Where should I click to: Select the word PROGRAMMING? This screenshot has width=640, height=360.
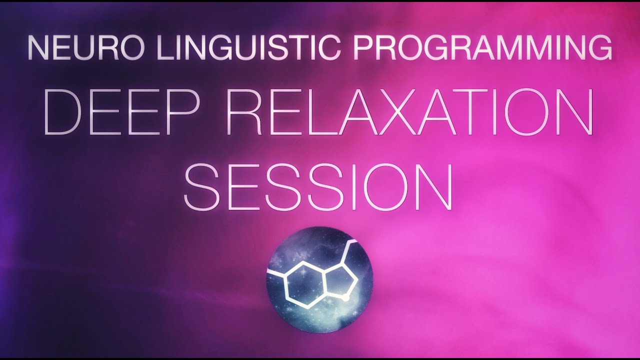pos(483,47)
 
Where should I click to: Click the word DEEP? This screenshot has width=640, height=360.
pos(121,111)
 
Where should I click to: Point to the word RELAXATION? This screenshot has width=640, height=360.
pos(409,111)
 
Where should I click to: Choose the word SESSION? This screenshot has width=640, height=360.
pos(318,186)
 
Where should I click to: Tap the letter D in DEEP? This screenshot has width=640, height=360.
pos(63,111)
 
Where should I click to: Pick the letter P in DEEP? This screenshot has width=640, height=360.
pos(183,111)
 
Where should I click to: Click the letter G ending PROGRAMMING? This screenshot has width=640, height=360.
pos(599,47)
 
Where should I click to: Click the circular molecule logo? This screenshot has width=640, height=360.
pos(319,279)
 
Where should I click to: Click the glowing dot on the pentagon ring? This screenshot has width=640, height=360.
pos(345,298)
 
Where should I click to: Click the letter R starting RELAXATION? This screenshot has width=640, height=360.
pos(243,111)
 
